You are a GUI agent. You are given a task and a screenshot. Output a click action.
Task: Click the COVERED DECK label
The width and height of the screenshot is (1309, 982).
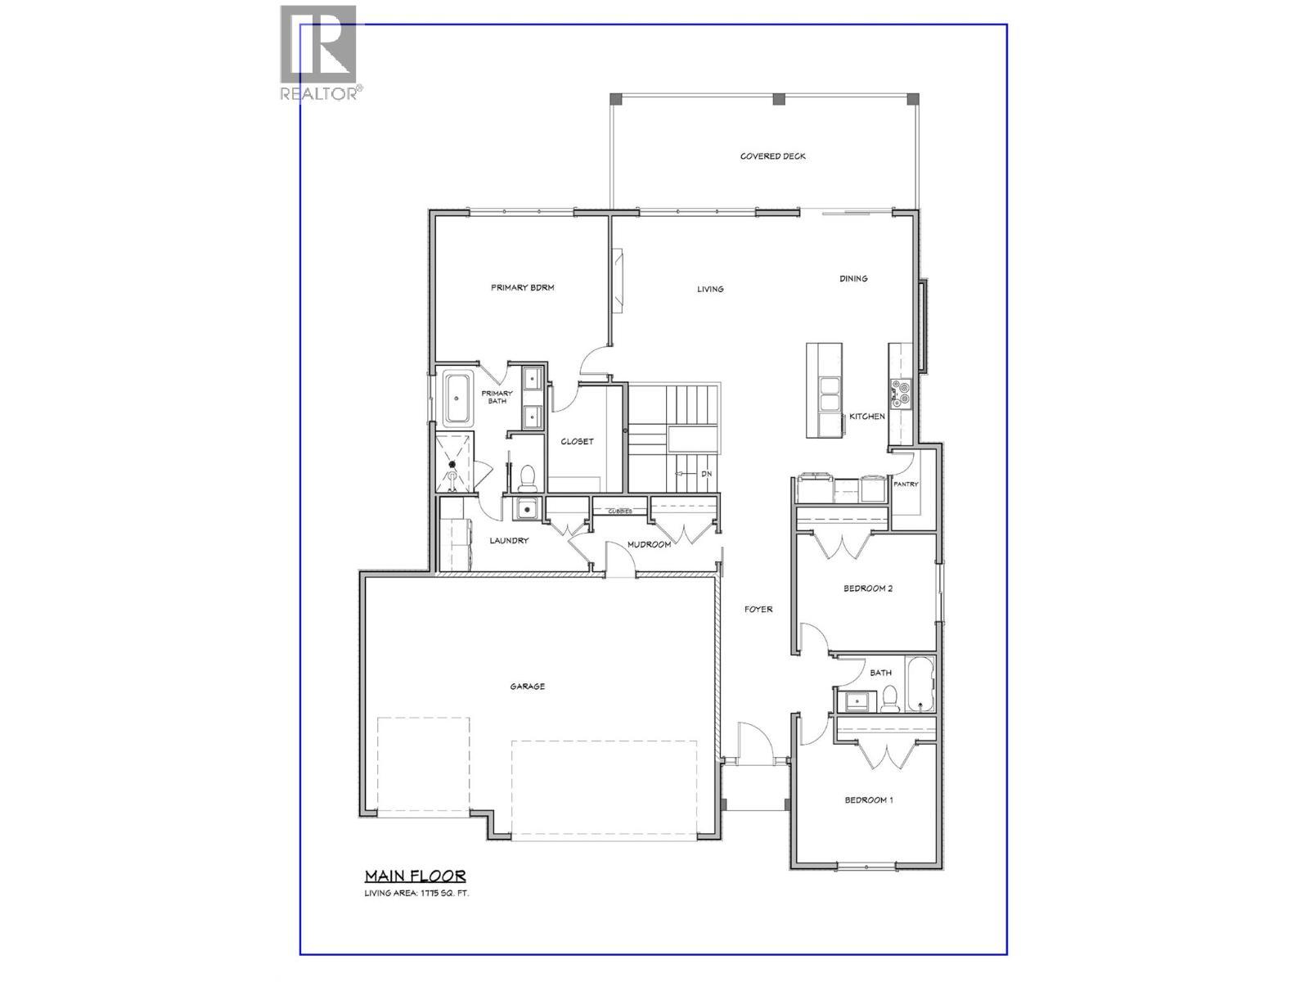(772, 156)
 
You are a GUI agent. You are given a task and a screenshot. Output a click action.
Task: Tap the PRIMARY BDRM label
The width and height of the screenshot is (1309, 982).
(522, 287)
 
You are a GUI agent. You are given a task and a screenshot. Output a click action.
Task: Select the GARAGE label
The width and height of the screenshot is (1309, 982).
(527, 687)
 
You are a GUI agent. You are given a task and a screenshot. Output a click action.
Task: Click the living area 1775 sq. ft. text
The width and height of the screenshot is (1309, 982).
(416, 894)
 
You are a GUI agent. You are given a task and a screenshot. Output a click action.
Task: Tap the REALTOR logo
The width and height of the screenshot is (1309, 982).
(319, 53)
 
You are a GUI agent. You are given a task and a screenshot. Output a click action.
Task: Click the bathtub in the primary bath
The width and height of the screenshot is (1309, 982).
(457, 399)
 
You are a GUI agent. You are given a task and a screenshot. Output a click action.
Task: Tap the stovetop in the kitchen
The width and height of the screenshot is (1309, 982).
(902, 394)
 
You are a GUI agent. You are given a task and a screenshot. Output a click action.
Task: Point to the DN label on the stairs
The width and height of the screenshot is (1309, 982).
(706, 475)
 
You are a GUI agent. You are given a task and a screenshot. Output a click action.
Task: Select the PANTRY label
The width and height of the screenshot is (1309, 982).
(906, 484)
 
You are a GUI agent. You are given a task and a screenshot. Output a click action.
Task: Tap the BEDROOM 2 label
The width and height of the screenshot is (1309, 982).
(867, 588)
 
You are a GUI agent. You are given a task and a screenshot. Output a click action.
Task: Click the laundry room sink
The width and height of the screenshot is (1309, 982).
(525, 509)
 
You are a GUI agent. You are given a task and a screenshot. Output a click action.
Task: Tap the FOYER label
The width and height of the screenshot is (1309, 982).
(758, 609)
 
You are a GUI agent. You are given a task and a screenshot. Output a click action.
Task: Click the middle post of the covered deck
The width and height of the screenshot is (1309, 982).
(779, 99)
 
